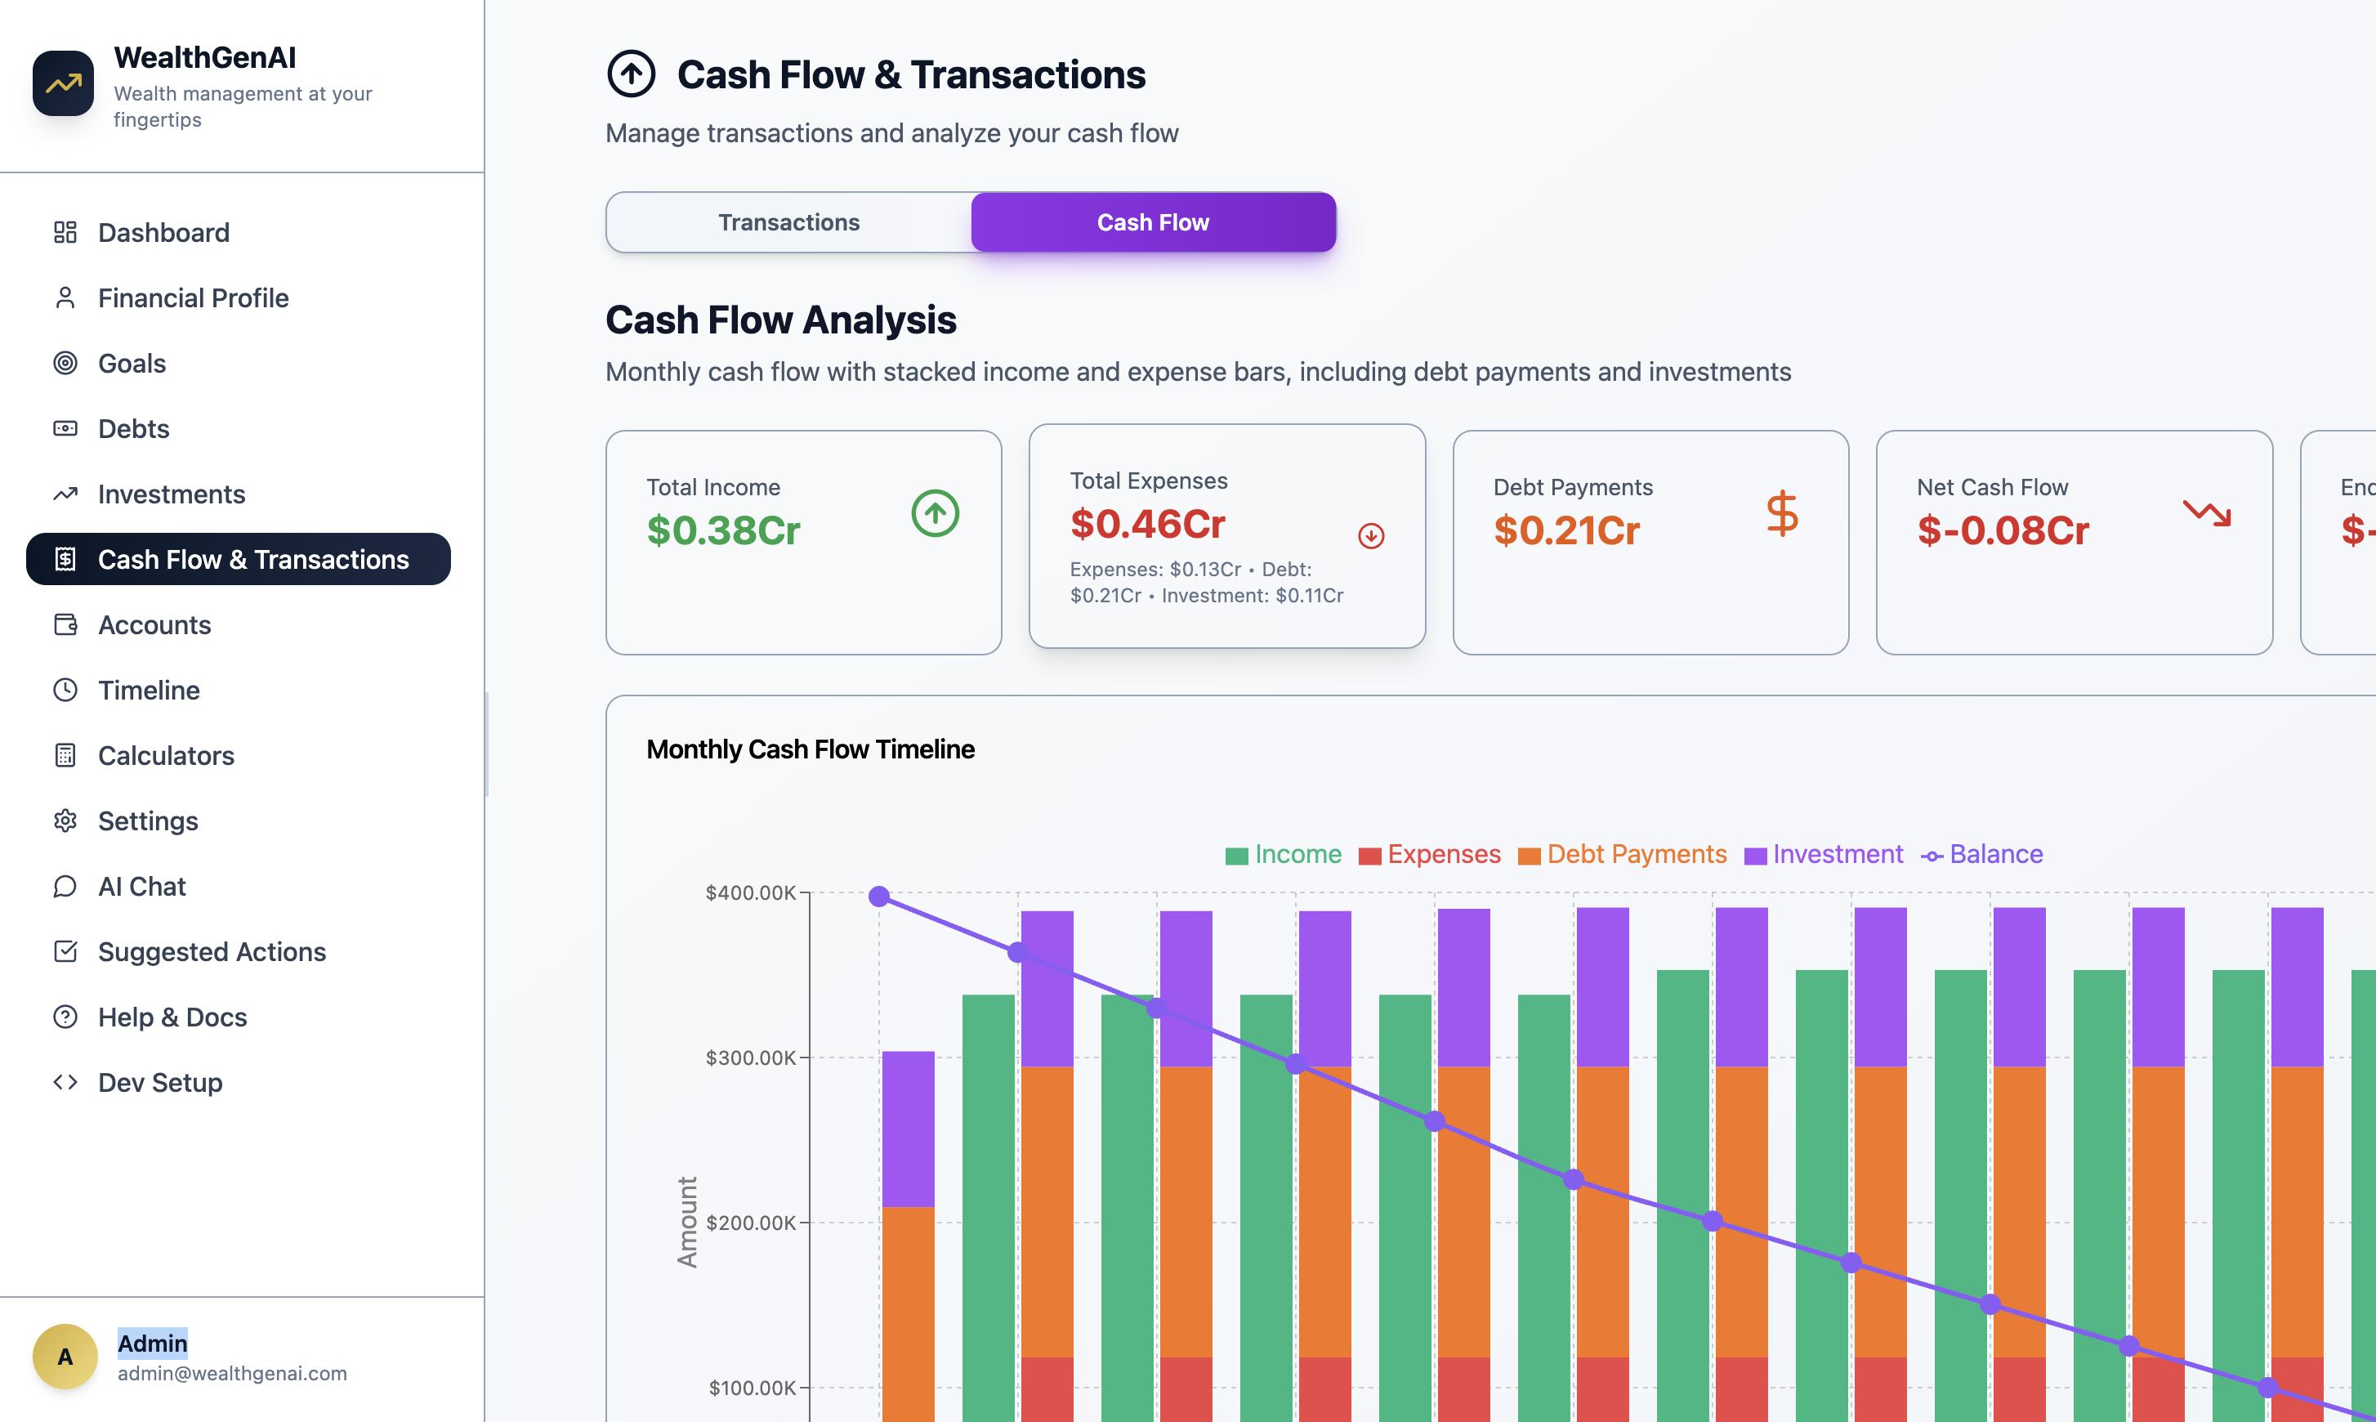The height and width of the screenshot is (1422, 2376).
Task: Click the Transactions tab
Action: click(x=788, y=222)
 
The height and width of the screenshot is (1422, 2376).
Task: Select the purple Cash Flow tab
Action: click(x=1153, y=222)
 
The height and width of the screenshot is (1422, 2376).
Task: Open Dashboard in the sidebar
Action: click(x=163, y=233)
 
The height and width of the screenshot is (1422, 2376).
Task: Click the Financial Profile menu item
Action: click(x=193, y=298)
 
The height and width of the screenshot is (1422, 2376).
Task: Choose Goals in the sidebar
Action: click(x=132, y=363)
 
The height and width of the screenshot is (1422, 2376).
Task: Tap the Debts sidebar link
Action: click(x=133, y=428)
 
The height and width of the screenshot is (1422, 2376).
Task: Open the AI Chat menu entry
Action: click(x=142, y=887)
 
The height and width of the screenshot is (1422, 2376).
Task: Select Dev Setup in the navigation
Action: click(x=160, y=1083)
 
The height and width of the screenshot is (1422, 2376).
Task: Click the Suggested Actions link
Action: click(x=212, y=951)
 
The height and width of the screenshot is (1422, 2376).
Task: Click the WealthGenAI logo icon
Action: click(x=63, y=83)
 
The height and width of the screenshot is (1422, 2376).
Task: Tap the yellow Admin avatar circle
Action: click(x=65, y=1357)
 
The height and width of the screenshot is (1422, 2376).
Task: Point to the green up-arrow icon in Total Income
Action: click(x=935, y=513)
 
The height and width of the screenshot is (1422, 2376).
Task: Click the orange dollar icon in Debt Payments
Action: click(x=1782, y=513)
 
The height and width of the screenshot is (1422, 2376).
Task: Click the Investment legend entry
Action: click(x=1824, y=855)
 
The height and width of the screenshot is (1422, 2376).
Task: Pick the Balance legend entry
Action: click(x=1982, y=855)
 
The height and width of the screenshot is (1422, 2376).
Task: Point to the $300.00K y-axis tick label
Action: click(x=750, y=1058)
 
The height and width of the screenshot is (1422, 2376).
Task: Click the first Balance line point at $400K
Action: click(x=879, y=897)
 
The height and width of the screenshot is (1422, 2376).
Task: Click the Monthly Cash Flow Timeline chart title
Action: click(x=811, y=749)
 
